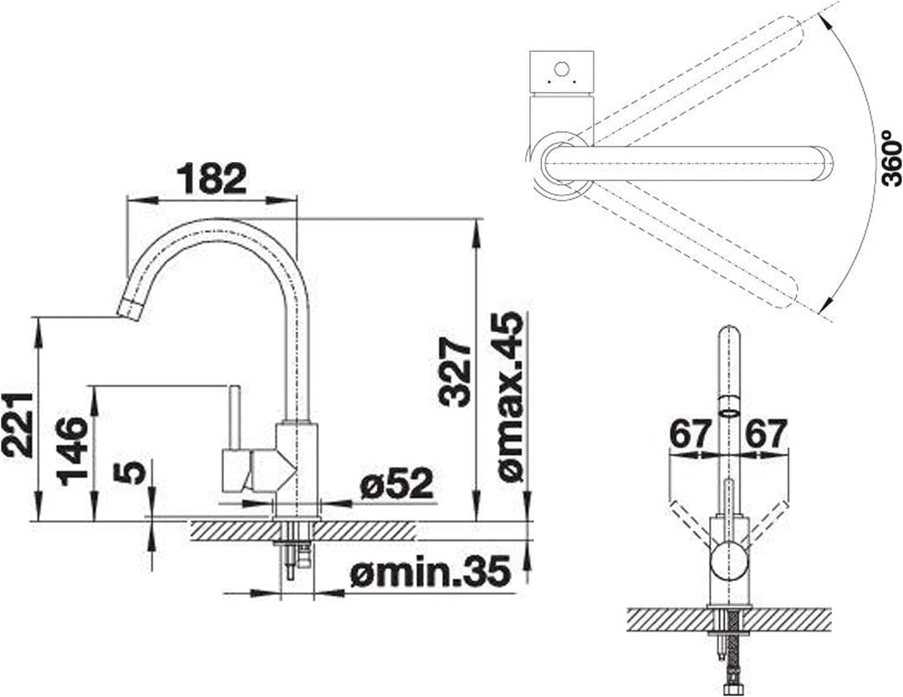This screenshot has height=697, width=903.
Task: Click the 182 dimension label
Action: click(x=212, y=178)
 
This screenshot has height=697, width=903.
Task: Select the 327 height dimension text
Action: click(x=455, y=372)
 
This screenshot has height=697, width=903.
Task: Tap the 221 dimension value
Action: click(x=17, y=425)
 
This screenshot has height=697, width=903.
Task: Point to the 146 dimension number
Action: click(x=73, y=451)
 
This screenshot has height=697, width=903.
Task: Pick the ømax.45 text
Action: click(x=511, y=397)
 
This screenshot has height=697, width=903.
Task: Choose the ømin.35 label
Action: click(x=431, y=571)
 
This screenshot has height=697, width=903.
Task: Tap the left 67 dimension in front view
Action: click(x=689, y=433)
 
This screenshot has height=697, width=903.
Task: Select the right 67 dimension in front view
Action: click(x=766, y=433)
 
